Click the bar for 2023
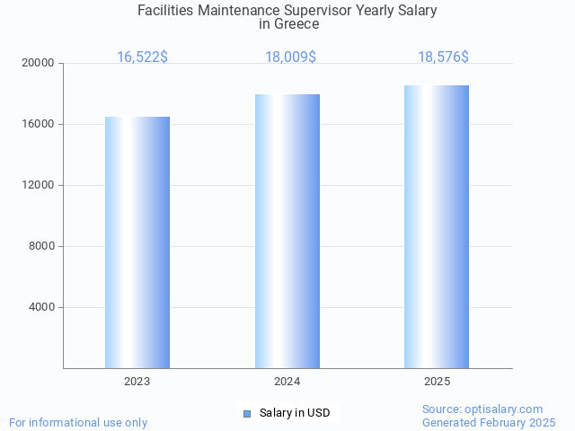(x=137, y=242)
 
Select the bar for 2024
(x=287, y=231)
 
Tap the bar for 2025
(x=437, y=226)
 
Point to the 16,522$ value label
(x=142, y=57)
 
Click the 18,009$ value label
(x=290, y=57)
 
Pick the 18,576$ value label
(x=443, y=57)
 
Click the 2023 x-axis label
(x=137, y=382)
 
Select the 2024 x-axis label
(x=287, y=382)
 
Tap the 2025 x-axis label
(x=437, y=382)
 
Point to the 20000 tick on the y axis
(x=39, y=63)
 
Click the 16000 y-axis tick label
(x=39, y=124)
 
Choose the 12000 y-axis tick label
(x=39, y=185)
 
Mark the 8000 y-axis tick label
(x=41, y=246)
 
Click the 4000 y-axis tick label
(x=41, y=307)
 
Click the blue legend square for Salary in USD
(x=247, y=413)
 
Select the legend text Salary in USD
(x=295, y=413)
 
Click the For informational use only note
(x=78, y=422)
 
